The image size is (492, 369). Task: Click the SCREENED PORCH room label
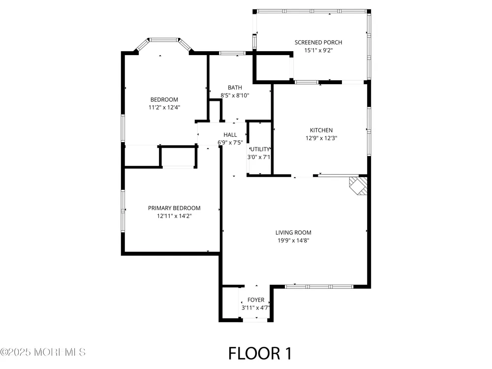coord(318,42)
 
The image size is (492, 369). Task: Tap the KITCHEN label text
coord(321,130)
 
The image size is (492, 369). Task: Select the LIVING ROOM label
coord(293,233)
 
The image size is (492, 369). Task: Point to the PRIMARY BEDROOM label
coord(174,208)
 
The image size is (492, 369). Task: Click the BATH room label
coord(235,88)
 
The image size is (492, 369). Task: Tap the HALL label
coord(230,135)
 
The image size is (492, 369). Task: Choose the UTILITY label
coord(260,149)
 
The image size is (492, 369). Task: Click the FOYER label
coord(256,300)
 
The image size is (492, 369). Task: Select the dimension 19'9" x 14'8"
coord(293,241)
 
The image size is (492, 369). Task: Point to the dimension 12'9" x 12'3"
coord(321,138)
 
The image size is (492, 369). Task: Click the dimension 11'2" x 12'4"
coord(164,107)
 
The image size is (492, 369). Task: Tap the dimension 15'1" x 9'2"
coord(318,50)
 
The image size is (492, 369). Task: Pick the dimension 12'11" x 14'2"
coord(174,216)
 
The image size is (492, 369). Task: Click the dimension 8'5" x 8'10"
coord(235,95)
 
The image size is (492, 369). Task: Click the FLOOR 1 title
coord(260,353)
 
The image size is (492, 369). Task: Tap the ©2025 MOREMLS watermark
coord(43,352)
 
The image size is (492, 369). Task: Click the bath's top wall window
coord(232,53)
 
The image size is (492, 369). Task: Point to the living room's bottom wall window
coord(319,286)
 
